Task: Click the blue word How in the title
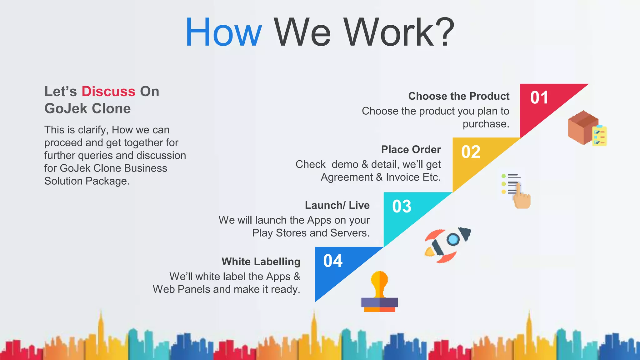[x=223, y=33]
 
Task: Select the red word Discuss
[x=108, y=92]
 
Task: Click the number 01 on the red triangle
[x=539, y=97]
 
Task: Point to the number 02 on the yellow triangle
[x=471, y=152]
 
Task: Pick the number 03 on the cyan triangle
[x=402, y=207]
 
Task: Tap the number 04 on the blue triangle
[x=333, y=261]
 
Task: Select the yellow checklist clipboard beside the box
[x=600, y=136]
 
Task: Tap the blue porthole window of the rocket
[x=453, y=240]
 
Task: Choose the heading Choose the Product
[x=458, y=96]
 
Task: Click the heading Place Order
[x=411, y=150]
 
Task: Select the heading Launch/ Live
[x=337, y=205]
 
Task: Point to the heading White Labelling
[x=261, y=262]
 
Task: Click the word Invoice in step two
[x=402, y=177]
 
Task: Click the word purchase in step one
[x=485, y=124]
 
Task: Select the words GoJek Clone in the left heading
[x=87, y=109]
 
